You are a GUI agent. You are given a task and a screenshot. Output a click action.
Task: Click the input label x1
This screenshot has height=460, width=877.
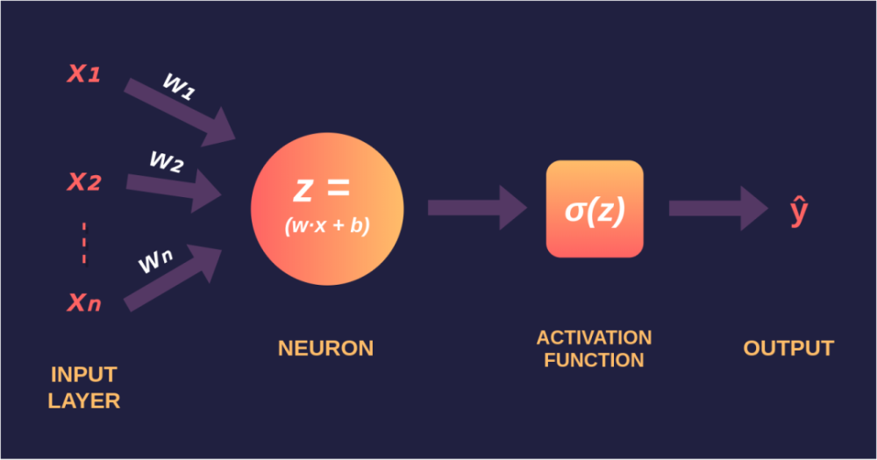(84, 74)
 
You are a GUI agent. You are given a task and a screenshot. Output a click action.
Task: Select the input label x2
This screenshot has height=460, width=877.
(84, 182)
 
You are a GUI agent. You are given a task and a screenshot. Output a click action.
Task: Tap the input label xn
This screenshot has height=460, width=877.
(84, 302)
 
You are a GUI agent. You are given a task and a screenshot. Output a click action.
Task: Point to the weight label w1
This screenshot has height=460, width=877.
(178, 87)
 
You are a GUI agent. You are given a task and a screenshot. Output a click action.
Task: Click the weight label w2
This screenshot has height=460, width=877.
(167, 161)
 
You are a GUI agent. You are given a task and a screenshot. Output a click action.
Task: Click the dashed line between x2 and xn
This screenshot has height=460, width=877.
(84, 243)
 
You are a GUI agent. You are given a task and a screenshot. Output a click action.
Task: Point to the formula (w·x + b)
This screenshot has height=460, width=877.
(327, 225)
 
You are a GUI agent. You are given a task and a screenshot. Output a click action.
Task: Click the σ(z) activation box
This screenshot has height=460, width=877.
(595, 209)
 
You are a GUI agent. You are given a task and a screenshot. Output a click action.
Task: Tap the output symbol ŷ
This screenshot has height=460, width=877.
(798, 211)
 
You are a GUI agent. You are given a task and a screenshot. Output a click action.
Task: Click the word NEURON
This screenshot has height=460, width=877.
(325, 348)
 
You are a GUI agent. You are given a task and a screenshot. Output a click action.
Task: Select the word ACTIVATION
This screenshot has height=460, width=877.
(594, 337)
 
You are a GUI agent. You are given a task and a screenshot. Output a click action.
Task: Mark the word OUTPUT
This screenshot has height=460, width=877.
(788, 348)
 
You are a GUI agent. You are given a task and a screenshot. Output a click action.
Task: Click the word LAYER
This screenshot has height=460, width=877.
(84, 401)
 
